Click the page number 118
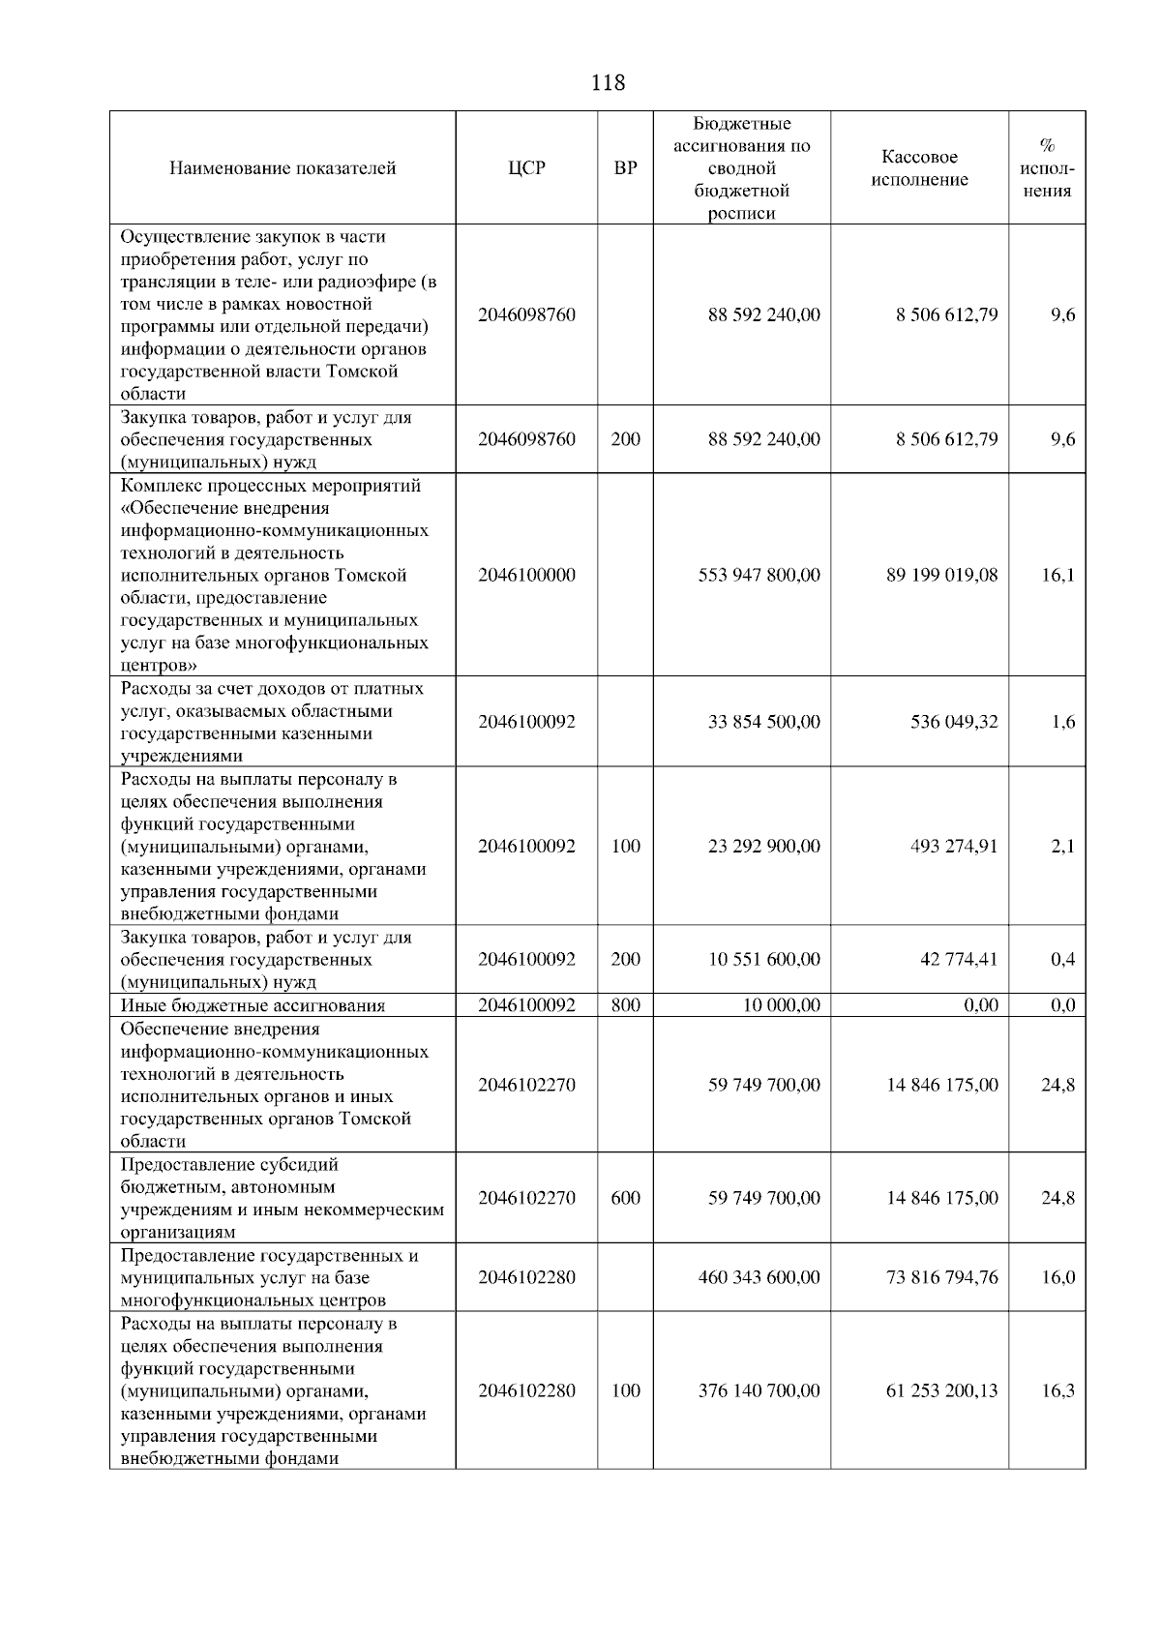point(608,83)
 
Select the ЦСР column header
point(526,168)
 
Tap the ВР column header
point(626,168)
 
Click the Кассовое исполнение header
point(919,168)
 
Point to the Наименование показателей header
point(283,168)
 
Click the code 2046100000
point(526,575)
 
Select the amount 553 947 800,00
point(759,575)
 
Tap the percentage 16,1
point(1057,575)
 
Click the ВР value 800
point(626,1005)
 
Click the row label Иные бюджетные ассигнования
point(253,1005)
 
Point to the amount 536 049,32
point(954,722)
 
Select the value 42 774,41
point(958,959)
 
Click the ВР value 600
point(626,1198)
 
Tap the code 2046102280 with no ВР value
point(526,1277)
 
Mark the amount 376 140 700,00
point(759,1390)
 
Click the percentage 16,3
point(1057,1390)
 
